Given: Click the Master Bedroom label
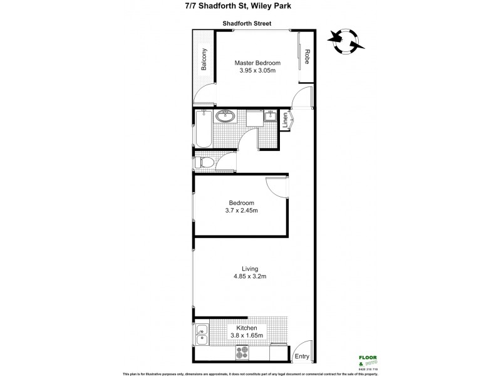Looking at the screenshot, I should [257, 63].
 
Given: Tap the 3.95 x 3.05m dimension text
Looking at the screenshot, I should [257, 71].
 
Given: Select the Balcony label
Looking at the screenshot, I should [204, 60].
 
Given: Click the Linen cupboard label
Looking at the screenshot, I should [285, 119].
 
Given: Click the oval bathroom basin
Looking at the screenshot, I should [224, 117].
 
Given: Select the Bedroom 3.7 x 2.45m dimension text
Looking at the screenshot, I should [241, 211].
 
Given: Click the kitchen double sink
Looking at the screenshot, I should [202, 336].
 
